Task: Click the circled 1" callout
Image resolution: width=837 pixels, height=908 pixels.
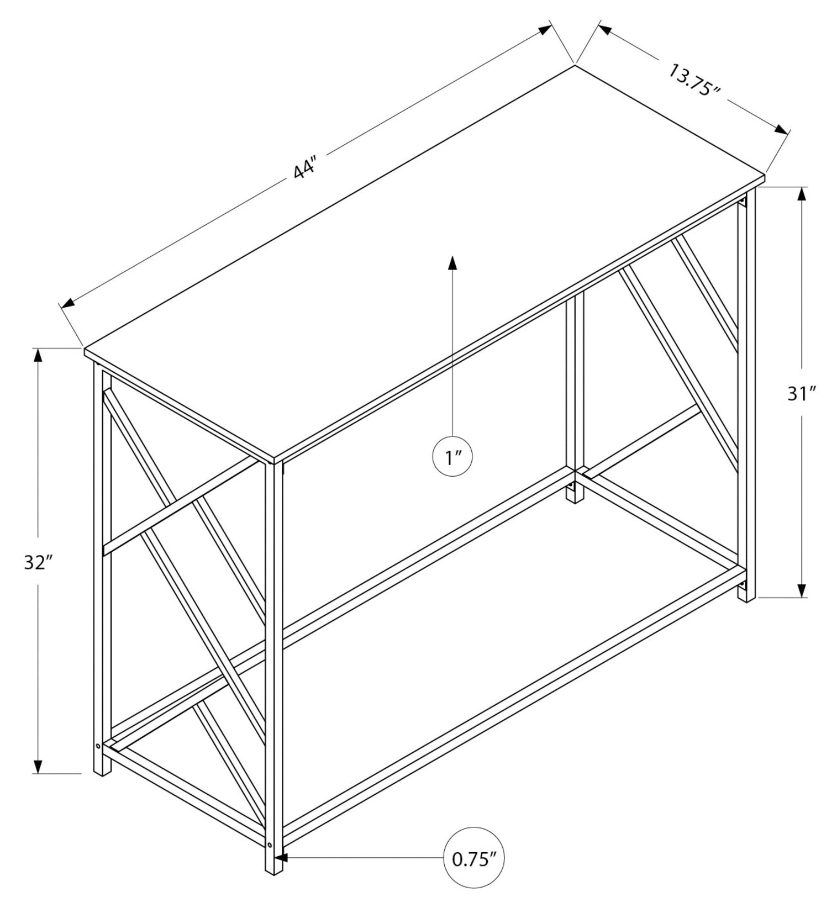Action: pos(452,457)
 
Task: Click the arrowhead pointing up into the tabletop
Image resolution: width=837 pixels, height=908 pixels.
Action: pos(452,262)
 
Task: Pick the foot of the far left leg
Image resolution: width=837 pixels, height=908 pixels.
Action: pos(102,768)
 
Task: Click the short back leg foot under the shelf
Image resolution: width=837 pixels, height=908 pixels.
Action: pos(575,495)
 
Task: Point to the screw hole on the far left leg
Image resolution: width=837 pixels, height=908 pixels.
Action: pos(98,746)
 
